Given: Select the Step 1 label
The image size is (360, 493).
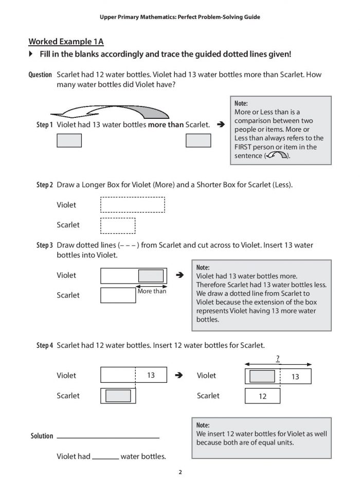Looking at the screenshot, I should (x=44, y=125).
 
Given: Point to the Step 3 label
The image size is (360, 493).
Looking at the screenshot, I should (x=44, y=245).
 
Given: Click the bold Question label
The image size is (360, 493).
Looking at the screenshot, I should (x=40, y=75).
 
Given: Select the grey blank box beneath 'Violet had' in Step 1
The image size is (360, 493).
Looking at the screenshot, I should (x=69, y=140).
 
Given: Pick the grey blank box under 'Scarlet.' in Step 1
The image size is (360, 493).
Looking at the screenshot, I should (x=198, y=140).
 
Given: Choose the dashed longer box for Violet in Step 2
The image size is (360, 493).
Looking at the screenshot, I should (x=132, y=205).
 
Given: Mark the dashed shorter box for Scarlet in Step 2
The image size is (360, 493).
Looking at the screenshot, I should (x=118, y=225).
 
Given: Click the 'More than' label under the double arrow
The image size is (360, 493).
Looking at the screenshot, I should (x=152, y=292).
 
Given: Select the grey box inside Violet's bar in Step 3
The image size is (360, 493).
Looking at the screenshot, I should (x=151, y=276).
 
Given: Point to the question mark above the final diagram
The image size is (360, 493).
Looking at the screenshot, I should (x=278, y=358).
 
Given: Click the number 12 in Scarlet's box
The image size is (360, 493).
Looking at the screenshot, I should (x=262, y=396).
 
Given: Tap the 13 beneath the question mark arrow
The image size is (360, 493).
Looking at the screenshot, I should (x=295, y=377).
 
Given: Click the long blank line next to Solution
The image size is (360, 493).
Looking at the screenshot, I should (x=108, y=437).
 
